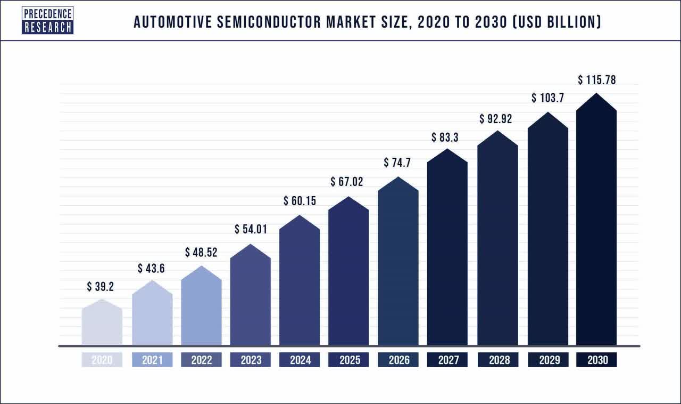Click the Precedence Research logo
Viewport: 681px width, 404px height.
47,20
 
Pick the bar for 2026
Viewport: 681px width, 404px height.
398,266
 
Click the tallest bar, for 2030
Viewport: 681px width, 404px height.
596,224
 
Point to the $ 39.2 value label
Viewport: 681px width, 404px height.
101,287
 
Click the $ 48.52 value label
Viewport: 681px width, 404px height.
202,252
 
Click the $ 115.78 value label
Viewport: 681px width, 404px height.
597,80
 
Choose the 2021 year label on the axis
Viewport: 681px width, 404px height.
152,360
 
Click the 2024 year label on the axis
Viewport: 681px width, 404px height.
300,360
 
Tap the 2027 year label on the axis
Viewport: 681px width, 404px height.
447,360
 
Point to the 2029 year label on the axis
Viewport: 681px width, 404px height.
547,360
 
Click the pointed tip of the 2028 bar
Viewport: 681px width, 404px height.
497,131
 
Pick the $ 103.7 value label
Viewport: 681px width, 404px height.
547,99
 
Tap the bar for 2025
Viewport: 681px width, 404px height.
349,277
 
